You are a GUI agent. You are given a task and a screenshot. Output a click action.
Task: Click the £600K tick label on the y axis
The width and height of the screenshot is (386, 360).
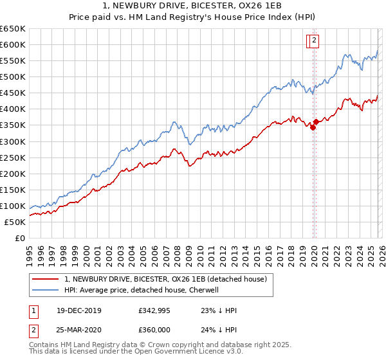(x=13, y=44)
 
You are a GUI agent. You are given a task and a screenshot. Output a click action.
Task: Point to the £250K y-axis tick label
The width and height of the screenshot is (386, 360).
(x=13, y=157)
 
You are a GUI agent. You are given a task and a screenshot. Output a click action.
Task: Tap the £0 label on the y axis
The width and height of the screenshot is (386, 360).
(x=19, y=238)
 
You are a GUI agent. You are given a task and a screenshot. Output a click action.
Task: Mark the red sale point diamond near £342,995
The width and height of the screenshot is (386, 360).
(x=313, y=127)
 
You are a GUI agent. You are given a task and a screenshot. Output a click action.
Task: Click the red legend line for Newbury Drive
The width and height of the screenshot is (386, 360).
(x=45, y=279)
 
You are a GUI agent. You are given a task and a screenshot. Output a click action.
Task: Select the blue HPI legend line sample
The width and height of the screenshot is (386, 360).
(x=45, y=290)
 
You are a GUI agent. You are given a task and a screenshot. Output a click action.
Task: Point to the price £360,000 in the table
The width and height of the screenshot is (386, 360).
(x=154, y=330)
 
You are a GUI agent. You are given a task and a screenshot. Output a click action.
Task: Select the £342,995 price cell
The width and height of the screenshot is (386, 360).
(x=154, y=310)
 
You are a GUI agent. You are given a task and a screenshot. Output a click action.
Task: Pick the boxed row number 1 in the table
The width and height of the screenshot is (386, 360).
(x=33, y=310)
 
